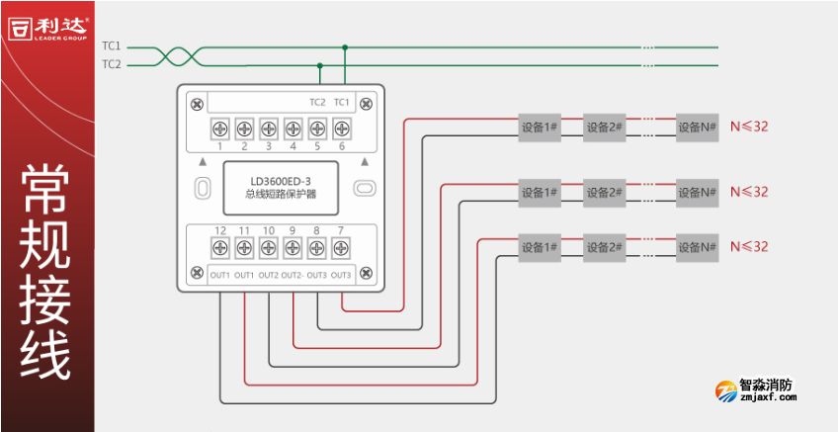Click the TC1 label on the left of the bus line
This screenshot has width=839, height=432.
111,45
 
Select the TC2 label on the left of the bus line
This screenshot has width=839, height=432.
111,64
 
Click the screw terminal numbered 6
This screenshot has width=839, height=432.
342,128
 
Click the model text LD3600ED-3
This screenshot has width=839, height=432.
281,180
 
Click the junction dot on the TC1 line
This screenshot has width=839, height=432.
345,46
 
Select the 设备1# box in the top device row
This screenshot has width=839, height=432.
540,127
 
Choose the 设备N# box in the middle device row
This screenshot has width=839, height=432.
697,191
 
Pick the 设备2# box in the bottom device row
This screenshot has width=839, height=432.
604,246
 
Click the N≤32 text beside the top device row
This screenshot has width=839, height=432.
748,127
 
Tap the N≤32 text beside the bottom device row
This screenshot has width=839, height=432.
748,246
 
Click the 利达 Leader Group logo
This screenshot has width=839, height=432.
46,27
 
